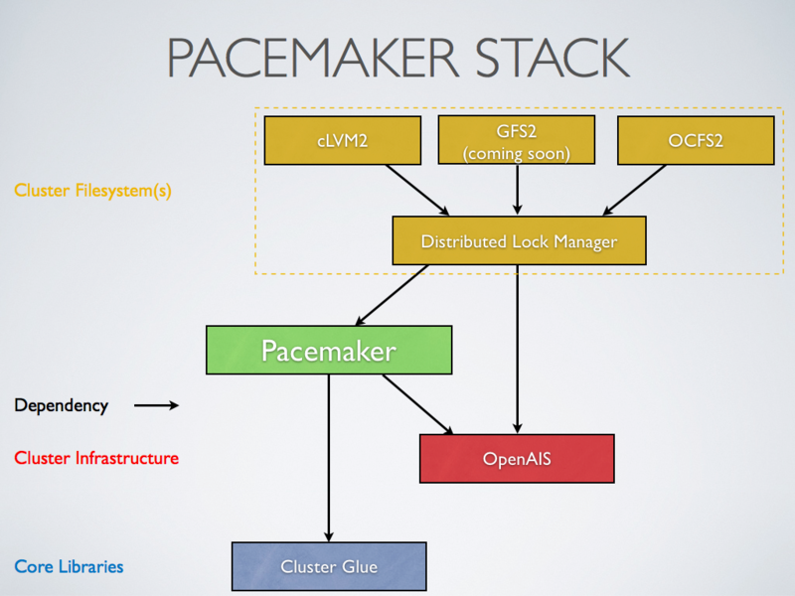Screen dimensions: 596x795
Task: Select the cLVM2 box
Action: click(x=342, y=140)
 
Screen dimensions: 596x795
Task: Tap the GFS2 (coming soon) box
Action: click(x=517, y=140)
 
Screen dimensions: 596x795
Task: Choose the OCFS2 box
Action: click(x=696, y=140)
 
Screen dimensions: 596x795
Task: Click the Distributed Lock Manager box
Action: click(x=519, y=241)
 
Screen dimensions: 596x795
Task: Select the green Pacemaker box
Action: click(x=329, y=350)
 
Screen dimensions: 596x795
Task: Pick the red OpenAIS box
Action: click(x=517, y=459)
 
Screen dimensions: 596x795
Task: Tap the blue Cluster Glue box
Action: click(x=329, y=566)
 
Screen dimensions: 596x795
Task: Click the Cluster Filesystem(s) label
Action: click(x=92, y=191)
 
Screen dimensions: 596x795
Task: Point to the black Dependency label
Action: click(x=61, y=405)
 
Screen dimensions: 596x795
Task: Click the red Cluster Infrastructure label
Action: click(x=96, y=458)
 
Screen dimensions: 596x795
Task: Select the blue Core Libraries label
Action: click(x=69, y=566)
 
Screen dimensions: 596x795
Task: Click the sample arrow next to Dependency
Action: click(x=156, y=405)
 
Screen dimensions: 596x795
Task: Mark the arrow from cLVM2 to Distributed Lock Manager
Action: click(x=417, y=189)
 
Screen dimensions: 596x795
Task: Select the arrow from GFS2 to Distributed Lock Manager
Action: click(x=517, y=189)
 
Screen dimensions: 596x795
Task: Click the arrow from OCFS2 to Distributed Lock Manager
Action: click(x=636, y=189)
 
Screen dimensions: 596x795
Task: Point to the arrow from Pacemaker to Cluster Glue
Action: click(x=329, y=457)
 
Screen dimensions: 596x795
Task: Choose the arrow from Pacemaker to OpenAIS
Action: click(x=417, y=404)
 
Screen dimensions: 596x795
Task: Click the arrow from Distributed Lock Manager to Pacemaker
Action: click(x=393, y=295)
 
